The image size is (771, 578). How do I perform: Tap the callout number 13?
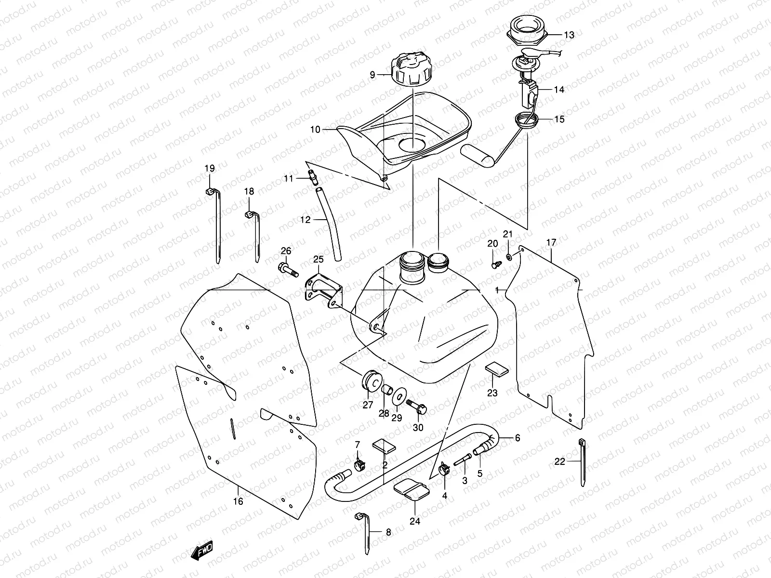click(x=569, y=35)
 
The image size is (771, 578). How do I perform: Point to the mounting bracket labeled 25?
click(x=322, y=290)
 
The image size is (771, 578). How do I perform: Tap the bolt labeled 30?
click(x=417, y=407)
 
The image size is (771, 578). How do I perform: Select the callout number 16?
click(x=238, y=501)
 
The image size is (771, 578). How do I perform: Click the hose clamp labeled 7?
click(x=358, y=464)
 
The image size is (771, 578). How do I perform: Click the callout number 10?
click(x=315, y=129)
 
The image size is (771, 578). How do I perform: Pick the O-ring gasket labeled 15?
click(x=526, y=119)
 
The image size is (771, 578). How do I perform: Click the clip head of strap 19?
click(x=210, y=192)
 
